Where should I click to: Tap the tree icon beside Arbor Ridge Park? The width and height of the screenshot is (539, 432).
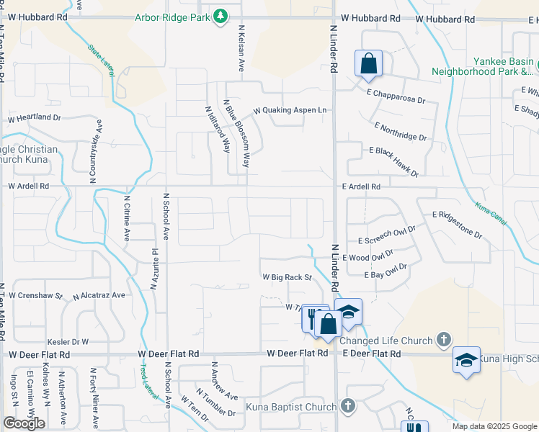(x=222, y=16)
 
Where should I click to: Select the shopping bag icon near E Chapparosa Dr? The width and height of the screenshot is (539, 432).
(x=368, y=63)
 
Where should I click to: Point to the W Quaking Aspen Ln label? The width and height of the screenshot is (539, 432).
(x=289, y=111)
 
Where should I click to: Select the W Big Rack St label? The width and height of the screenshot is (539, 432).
(x=286, y=276)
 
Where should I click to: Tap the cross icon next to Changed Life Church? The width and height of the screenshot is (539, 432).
(x=444, y=339)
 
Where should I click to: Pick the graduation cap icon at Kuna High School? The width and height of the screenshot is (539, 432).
(x=466, y=360)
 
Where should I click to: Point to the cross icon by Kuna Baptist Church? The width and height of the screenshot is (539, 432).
(x=348, y=406)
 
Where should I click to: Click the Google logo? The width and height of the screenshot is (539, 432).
(x=23, y=423)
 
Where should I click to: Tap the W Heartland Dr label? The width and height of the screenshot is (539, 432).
(x=34, y=117)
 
